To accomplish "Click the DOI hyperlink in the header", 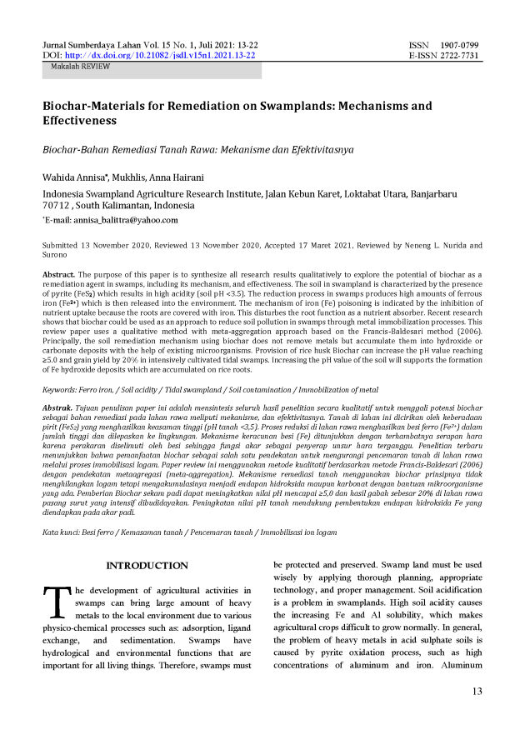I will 162,55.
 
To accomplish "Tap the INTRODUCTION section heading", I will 147,566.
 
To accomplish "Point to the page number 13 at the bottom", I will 477,691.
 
